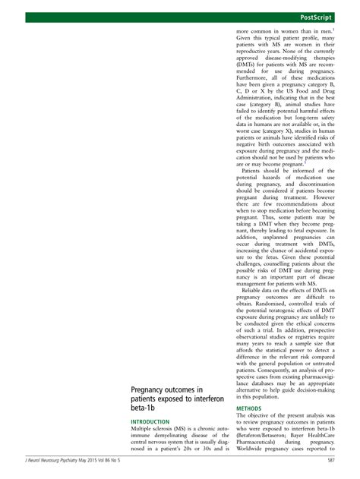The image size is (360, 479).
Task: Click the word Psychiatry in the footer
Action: tap(69, 459)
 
